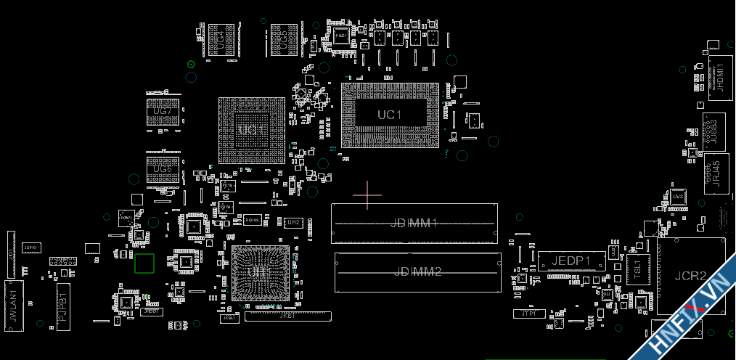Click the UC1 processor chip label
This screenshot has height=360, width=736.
(390, 115)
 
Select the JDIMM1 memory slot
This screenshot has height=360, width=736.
(414, 223)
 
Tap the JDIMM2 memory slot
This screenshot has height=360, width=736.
(417, 272)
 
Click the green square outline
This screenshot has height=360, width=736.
(144, 264)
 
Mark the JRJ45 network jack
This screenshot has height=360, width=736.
(716, 173)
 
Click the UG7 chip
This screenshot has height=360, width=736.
(163, 112)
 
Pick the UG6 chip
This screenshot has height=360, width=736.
(163, 169)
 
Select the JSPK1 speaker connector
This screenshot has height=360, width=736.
(31, 248)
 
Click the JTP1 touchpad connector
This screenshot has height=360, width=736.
(528, 314)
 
